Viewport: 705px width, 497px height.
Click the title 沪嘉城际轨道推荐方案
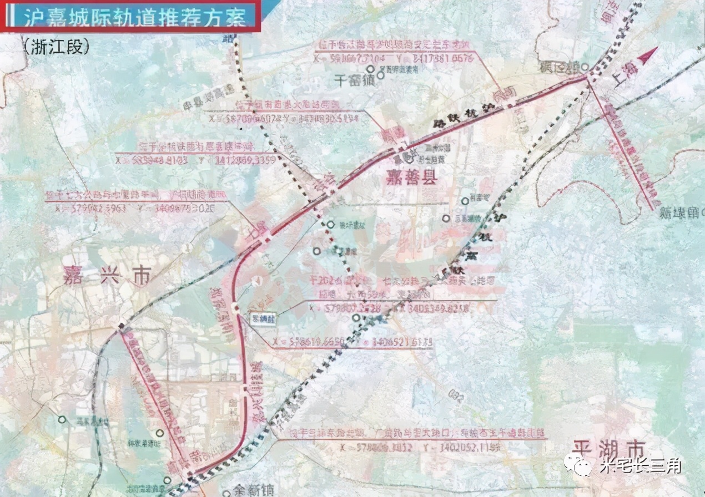[134, 17]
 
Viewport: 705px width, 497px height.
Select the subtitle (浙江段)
[56, 47]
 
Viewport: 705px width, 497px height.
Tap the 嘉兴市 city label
[107, 275]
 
